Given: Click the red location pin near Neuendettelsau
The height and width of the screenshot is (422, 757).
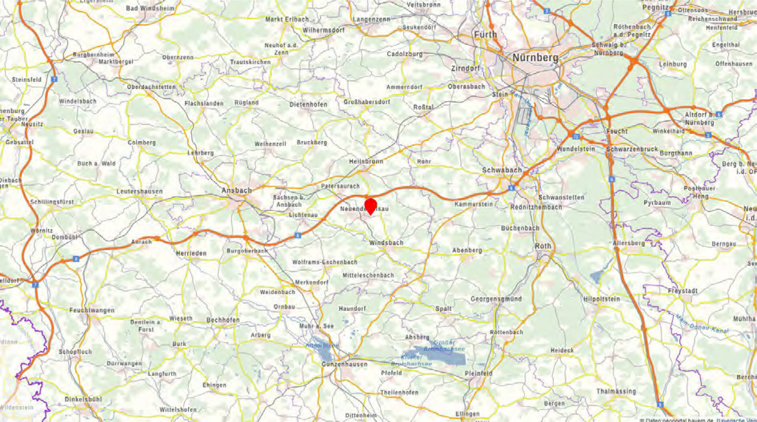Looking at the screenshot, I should pos(370,205).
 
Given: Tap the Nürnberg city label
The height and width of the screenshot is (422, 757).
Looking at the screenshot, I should pos(535,58).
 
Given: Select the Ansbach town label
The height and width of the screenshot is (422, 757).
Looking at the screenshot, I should pos(237,191).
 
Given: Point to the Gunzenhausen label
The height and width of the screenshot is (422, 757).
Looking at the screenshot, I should pos(344,364).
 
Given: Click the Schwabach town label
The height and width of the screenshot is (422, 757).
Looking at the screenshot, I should pos(502,170).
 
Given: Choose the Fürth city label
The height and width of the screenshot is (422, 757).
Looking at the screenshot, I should pos(485,35).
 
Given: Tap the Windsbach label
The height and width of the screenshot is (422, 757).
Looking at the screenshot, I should pos(386,243).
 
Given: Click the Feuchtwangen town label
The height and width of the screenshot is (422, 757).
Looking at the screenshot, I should pos(92,310).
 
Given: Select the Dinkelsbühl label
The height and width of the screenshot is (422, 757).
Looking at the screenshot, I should pos(83,400).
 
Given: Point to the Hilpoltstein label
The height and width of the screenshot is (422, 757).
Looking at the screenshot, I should pos(601,299).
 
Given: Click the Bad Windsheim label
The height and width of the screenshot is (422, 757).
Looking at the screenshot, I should pos(150,8).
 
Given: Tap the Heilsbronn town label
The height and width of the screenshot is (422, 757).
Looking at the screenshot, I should pos(366,162).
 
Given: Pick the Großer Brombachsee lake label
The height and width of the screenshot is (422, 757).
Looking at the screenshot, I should pos(444,346).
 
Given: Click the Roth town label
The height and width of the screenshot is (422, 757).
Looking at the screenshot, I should pos(543,246).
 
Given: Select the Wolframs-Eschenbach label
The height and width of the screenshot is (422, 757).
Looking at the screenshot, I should pos(324,262).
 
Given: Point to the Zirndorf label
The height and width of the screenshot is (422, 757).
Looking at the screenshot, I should pos(465,69).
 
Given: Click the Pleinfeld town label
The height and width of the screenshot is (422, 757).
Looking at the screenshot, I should pos(478,374).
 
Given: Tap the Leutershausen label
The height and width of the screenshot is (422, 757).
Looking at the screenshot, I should pos(140,192).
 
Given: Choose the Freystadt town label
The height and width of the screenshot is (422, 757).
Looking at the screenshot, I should pos(682,291).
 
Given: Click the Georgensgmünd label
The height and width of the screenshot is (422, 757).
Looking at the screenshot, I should pos(496,299).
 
